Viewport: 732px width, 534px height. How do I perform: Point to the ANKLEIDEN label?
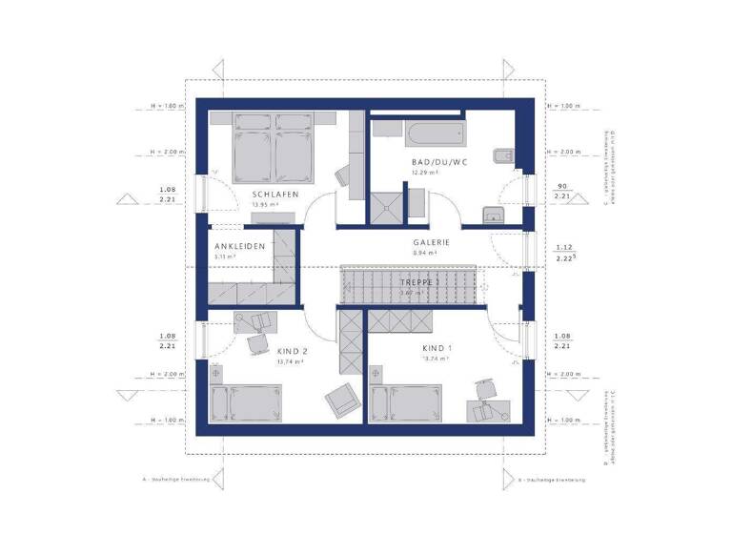click(x=238, y=246)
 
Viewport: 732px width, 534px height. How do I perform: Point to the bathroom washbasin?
click(x=493, y=215)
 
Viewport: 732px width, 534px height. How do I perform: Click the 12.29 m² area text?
click(x=425, y=173)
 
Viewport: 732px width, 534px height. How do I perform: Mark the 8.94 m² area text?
click(x=425, y=254)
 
